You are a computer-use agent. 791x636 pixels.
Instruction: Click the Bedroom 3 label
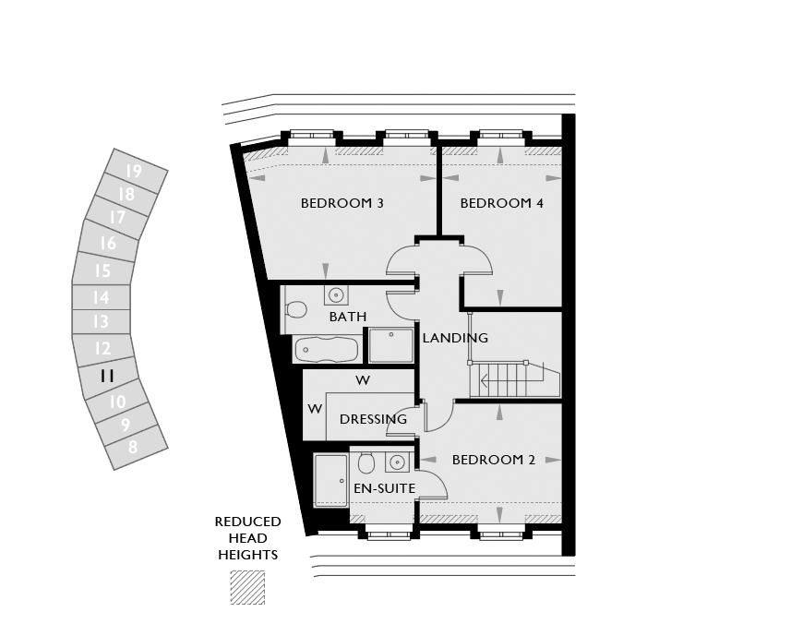click(x=342, y=203)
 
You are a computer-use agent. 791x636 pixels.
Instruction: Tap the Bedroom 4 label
click(x=502, y=203)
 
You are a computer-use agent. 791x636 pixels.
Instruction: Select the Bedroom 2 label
click(x=494, y=460)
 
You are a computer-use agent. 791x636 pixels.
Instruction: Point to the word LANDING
click(x=455, y=338)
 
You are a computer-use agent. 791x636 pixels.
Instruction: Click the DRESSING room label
click(x=373, y=419)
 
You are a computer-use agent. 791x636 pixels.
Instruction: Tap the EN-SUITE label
click(x=384, y=488)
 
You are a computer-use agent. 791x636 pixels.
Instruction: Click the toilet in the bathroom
click(x=295, y=309)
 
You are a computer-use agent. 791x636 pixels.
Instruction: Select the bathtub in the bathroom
click(x=327, y=349)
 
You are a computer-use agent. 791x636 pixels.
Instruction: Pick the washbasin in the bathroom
click(x=336, y=294)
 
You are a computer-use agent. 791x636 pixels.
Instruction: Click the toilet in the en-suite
click(x=366, y=463)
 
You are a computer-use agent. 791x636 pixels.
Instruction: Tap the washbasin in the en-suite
click(x=398, y=462)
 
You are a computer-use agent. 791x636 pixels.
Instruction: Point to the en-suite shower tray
click(x=331, y=481)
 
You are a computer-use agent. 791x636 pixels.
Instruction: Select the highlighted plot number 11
click(x=107, y=377)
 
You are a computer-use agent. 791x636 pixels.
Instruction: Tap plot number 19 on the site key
click(x=134, y=172)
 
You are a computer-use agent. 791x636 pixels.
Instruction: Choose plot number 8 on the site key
click(x=133, y=447)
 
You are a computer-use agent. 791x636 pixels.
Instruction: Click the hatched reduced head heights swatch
click(x=247, y=588)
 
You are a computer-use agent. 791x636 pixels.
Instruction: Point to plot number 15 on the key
click(x=102, y=270)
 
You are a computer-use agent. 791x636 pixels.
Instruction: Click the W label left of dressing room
click(x=315, y=409)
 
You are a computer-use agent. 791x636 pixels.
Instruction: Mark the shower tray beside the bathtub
click(x=391, y=345)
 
